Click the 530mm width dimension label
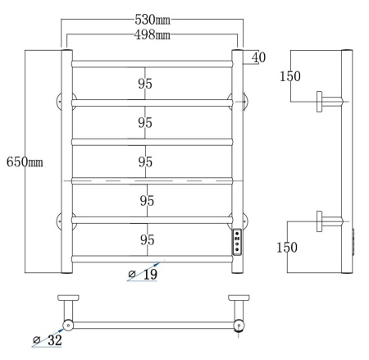153,20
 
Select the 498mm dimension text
153,34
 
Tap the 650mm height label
25,162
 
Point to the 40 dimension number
258,57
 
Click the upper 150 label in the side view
290,76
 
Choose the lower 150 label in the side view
287,248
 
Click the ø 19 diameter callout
143,274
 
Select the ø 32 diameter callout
48,340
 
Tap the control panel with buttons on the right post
237,242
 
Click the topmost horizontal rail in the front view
153,64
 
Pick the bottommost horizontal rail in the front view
153,259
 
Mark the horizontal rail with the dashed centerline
153,181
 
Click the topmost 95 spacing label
145,84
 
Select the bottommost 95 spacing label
148,240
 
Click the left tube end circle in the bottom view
68,326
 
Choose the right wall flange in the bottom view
239,298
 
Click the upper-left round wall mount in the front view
60,102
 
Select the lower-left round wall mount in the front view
60,221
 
